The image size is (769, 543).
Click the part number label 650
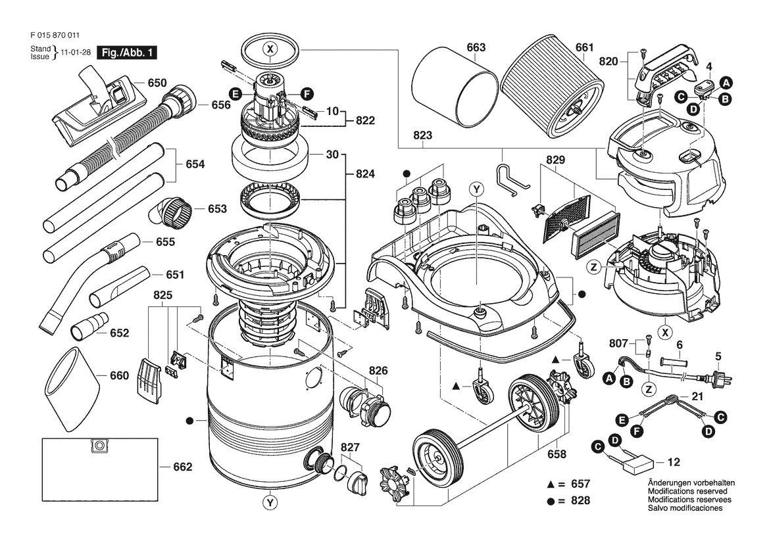(157, 83)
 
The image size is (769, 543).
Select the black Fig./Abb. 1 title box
(127, 53)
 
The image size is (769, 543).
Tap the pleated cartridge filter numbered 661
(552, 99)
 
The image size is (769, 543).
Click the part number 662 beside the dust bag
(182, 467)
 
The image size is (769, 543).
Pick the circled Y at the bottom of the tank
(269, 502)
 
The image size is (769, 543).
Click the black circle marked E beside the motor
(236, 94)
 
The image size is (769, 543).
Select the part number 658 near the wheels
(557, 454)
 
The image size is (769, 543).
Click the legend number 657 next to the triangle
(581, 484)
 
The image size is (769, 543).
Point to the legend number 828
(581, 500)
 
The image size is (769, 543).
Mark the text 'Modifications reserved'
(687, 491)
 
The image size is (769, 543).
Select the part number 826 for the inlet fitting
(378, 371)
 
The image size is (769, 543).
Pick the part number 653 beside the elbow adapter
(217, 209)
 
